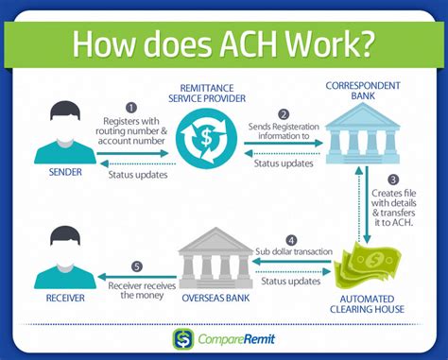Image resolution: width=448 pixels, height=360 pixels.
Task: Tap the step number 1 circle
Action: point(131,108)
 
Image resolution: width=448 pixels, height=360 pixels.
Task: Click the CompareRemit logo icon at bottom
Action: point(181,339)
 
